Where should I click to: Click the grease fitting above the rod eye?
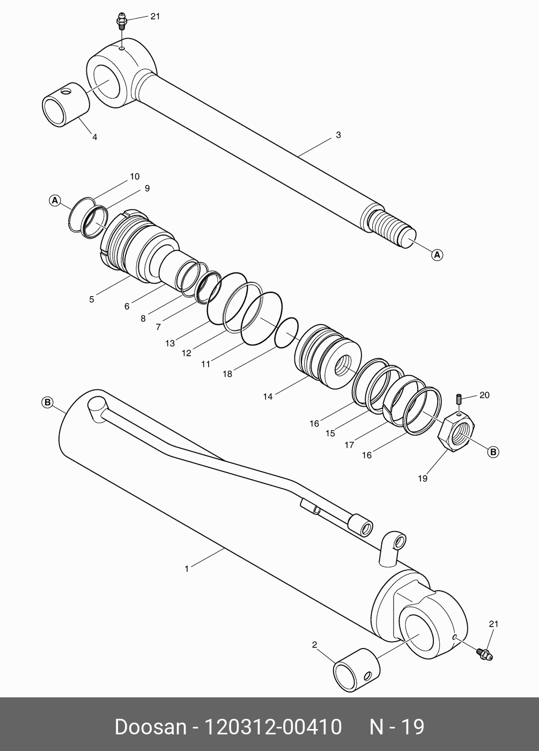click(x=122, y=23)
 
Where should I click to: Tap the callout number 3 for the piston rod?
click(x=338, y=135)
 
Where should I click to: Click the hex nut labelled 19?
click(x=457, y=432)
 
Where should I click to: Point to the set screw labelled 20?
click(x=459, y=400)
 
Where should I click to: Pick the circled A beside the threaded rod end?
click(x=438, y=255)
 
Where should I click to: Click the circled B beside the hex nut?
click(x=493, y=452)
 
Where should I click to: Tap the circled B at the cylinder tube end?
click(x=47, y=402)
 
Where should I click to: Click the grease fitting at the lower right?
click(x=485, y=654)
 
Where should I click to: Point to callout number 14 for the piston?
click(x=268, y=396)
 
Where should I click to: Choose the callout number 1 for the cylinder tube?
click(x=187, y=569)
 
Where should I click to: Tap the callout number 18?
click(x=227, y=374)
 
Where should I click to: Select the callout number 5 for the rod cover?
click(x=92, y=299)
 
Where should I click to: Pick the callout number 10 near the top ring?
click(x=134, y=176)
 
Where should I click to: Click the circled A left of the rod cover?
click(x=54, y=200)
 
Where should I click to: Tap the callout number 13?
click(x=170, y=343)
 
